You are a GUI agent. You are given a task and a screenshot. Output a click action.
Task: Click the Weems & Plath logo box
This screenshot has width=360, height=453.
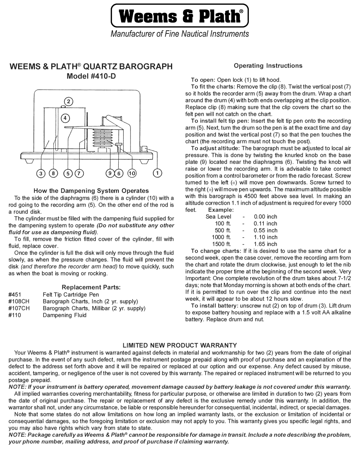[180, 16]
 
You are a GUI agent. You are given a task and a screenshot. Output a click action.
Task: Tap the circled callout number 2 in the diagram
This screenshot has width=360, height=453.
[68, 101]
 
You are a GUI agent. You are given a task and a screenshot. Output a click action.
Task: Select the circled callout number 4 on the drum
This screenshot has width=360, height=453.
[65, 118]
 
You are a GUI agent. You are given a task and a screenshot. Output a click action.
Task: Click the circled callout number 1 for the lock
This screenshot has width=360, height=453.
[157, 173]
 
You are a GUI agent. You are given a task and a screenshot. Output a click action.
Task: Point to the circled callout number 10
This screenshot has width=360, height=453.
[132, 173]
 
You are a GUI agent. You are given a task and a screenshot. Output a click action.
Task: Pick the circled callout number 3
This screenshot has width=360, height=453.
[41, 173]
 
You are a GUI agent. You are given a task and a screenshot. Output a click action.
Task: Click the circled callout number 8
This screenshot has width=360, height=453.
[53, 173]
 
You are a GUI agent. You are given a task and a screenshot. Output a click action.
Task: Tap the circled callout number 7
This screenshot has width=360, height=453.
[79, 173]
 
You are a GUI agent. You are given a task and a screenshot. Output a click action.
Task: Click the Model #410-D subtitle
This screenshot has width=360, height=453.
[91, 76]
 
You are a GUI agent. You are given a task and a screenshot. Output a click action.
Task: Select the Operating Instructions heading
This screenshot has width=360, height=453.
[268, 66]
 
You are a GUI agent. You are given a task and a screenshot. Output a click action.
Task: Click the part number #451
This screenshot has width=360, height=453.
[15, 295]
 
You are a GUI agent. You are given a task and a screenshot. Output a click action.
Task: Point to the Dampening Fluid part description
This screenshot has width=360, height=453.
[65, 315]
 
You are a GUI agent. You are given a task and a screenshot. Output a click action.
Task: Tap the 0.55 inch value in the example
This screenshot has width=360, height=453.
[265, 230]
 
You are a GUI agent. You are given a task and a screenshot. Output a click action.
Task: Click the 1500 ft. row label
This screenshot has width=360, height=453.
[221, 244]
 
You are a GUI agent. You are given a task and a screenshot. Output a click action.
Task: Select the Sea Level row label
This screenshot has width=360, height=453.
[218, 217]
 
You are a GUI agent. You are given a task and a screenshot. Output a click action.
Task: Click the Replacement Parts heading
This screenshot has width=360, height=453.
[91, 287]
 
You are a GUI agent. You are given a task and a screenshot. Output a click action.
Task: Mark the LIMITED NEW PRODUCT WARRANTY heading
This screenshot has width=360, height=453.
[180, 345]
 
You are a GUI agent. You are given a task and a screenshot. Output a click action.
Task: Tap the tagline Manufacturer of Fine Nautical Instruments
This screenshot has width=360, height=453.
[180, 34]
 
